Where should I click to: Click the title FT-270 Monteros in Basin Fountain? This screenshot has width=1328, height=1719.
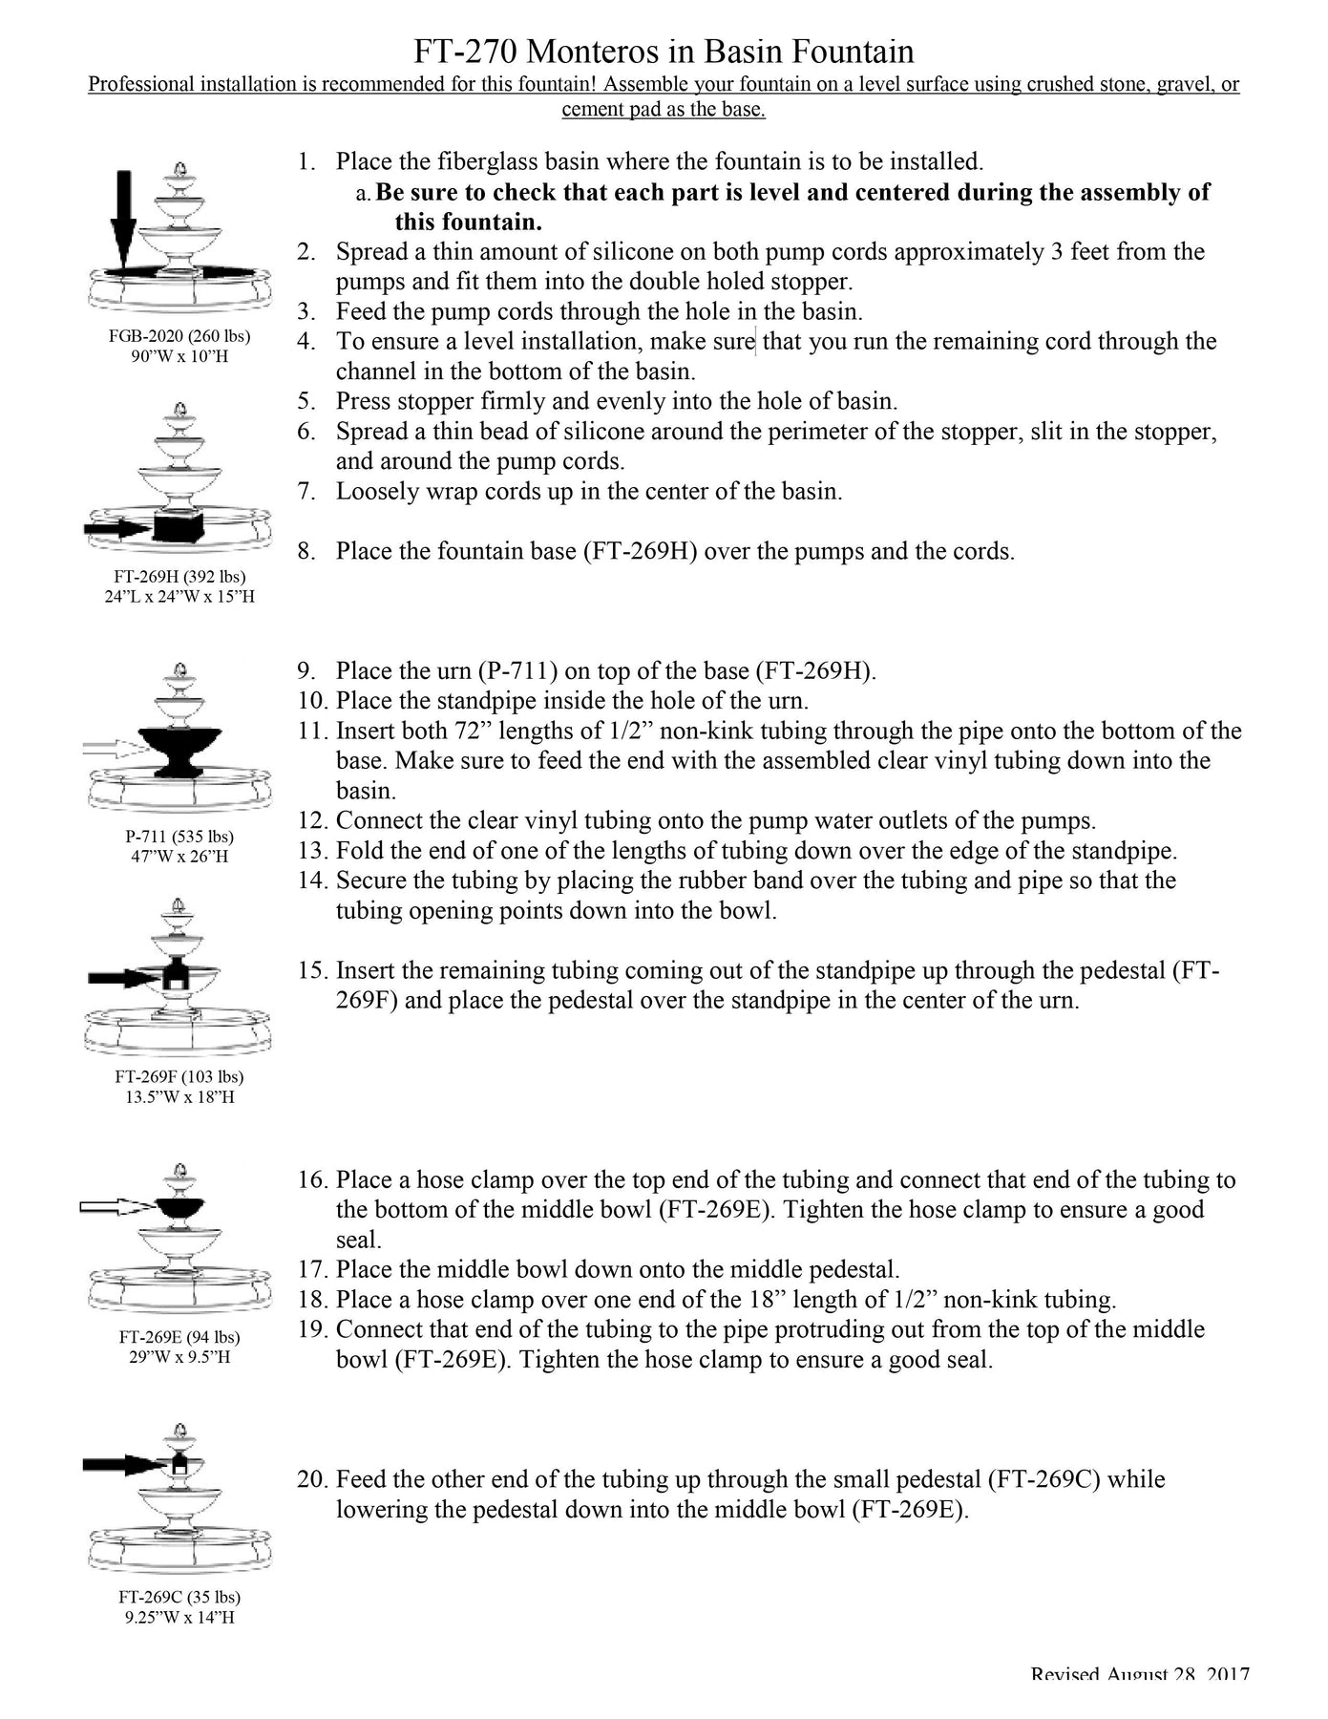pyautogui.click(x=664, y=51)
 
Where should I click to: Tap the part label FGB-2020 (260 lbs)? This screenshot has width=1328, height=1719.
pyautogui.click(x=179, y=336)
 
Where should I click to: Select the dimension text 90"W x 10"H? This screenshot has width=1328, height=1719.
pyautogui.click(x=179, y=357)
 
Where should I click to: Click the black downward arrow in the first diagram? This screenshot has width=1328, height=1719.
pyautogui.click(x=123, y=220)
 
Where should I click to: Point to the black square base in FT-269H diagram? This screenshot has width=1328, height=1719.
pyautogui.click(x=179, y=526)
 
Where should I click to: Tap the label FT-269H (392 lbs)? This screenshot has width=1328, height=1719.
pyautogui.click(x=179, y=577)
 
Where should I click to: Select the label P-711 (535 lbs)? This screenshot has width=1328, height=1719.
pyautogui.click(x=179, y=837)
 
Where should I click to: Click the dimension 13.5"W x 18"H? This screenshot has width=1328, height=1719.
pyautogui.click(x=179, y=1097)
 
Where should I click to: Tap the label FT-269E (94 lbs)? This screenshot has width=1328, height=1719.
pyautogui.click(x=179, y=1337)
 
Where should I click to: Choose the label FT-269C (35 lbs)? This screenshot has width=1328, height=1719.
pyautogui.click(x=179, y=1597)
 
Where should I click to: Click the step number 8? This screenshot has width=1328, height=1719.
pyautogui.click(x=306, y=552)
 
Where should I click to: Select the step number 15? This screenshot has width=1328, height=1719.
pyautogui.click(x=312, y=971)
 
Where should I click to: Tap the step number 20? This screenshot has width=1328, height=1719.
pyautogui.click(x=312, y=1480)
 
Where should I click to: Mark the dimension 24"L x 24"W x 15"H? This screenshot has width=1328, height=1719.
pyautogui.click(x=179, y=597)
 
